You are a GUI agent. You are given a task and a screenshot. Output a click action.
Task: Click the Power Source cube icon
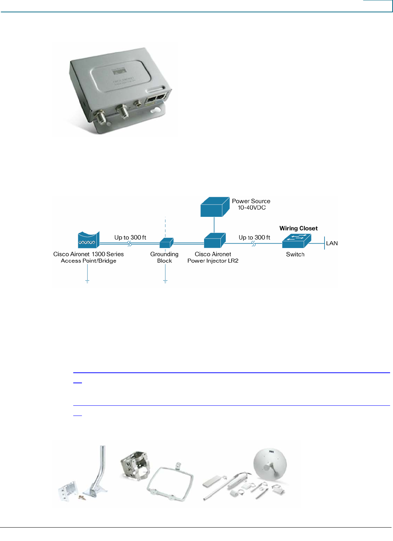coord(215,207)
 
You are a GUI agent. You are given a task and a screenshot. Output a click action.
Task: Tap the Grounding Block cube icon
coord(166,243)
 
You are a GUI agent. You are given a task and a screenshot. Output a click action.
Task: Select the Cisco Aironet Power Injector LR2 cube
coord(215,241)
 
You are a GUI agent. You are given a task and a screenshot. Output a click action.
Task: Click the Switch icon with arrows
coord(296,241)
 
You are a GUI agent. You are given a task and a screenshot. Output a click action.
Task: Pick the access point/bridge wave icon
coord(88,240)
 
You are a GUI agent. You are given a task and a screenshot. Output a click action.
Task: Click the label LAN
coord(332,243)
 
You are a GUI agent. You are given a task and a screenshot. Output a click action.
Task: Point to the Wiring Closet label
coord(298,228)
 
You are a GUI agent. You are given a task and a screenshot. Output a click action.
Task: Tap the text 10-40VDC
coord(252,208)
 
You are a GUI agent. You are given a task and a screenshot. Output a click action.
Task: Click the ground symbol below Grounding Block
coord(165,281)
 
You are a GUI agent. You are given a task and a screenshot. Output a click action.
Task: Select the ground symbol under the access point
coord(87,281)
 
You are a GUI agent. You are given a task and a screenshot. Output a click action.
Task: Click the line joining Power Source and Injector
coord(214,225)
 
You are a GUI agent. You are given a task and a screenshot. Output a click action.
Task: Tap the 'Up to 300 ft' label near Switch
coord(254,238)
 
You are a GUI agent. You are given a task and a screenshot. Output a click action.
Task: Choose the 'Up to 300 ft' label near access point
coord(130,238)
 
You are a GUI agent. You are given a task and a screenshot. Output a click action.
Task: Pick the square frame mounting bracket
coord(170,482)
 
